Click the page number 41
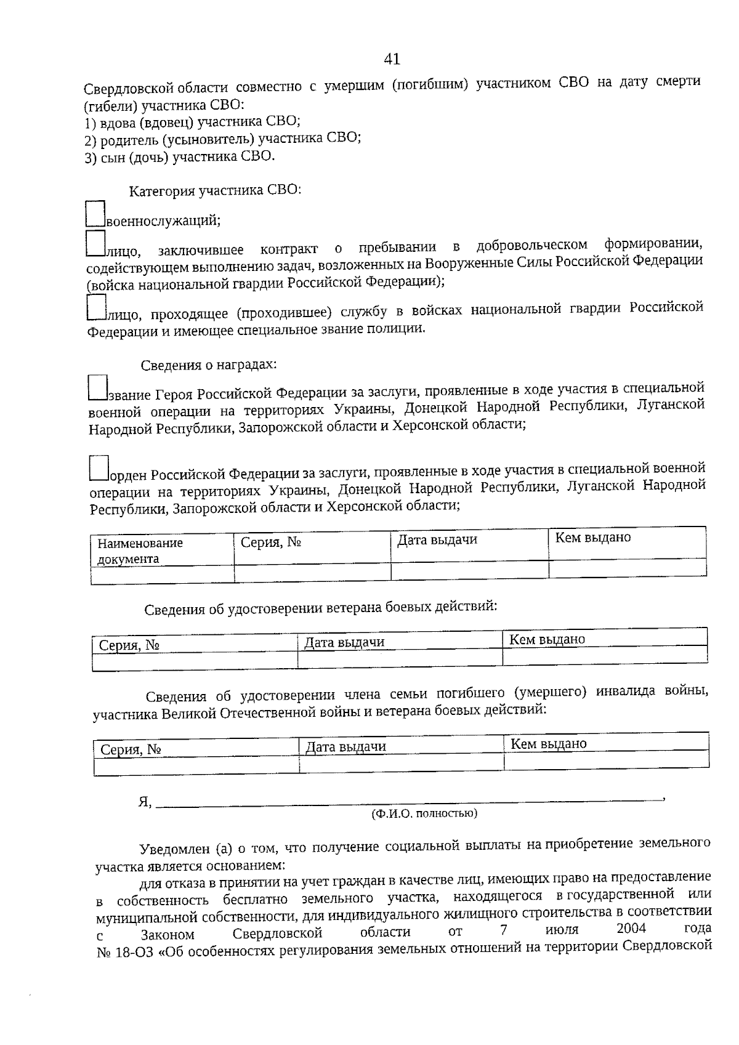click(392, 59)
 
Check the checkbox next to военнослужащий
click(95, 214)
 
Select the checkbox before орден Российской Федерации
click(99, 468)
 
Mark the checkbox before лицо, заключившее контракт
click(95, 244)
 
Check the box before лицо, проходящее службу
click(97, 308)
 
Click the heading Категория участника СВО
click(215, 190)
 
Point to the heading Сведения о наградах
click(209, 365)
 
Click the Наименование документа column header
click(140, 550)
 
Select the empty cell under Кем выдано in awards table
click(627, 569)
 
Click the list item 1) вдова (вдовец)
click(192, 122)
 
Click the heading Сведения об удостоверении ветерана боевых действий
click(320, 608)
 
